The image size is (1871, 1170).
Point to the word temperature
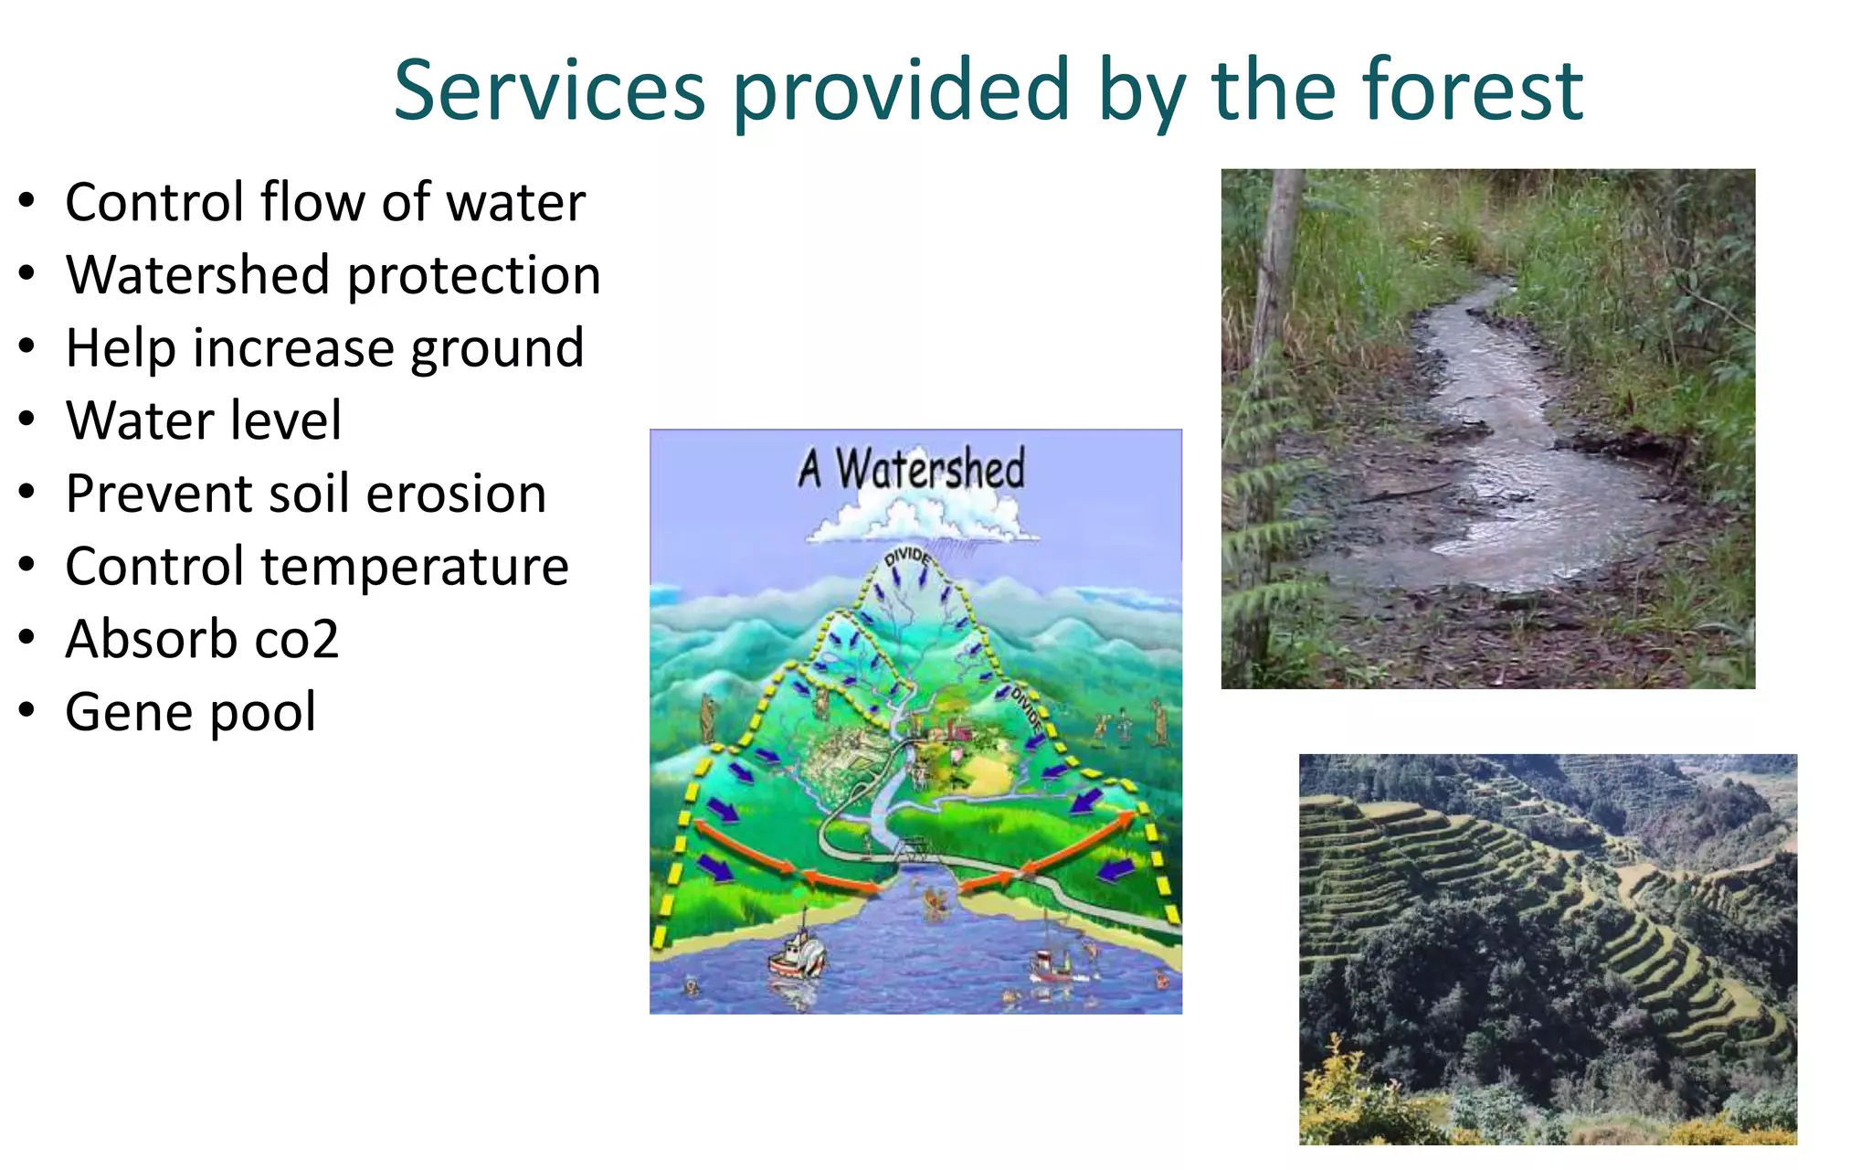[x=415, y=567]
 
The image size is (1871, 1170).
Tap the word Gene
[x=127, y=712]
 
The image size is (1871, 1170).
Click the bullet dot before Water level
[x=27, y=420]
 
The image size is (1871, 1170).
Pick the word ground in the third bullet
[x=497, y=350]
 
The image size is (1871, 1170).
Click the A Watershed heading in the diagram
[x=912, y=469]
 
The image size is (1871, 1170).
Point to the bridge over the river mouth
[x=917, y=852]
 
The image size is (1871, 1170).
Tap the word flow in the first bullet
[x=314, y=202]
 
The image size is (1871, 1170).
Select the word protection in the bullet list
[x=474, y=275]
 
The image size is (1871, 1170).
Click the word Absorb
[x=151, y=639]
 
